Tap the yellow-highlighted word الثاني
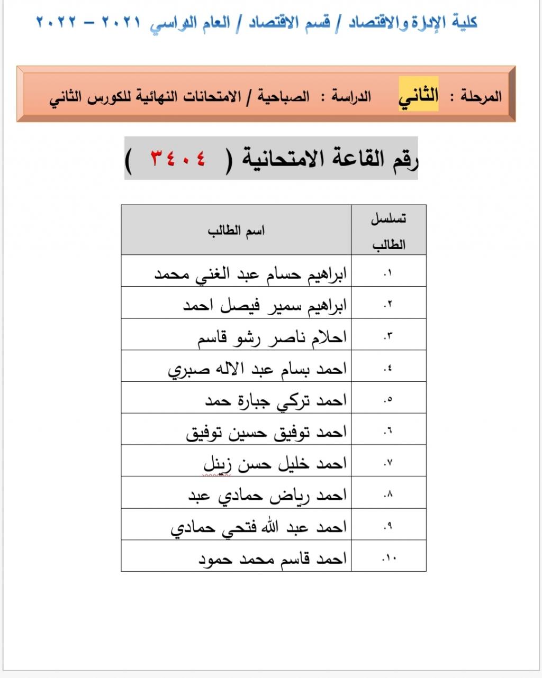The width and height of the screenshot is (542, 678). pyautogui.click(x=419, y=95)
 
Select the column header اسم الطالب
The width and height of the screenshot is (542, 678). pyautogui.click(x=236, y=231)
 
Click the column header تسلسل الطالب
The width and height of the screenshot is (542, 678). pyautogui.click(x=389, y=231)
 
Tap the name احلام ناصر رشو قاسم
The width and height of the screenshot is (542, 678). pyautogui.click(x=272, y=337)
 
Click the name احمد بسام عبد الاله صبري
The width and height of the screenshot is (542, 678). pyautogui.click(x=257, y=369)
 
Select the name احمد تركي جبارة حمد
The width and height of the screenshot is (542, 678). pyautogui.click(x=275, y=400)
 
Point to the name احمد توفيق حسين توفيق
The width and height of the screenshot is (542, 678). pyautogui.click(x=266, y=432)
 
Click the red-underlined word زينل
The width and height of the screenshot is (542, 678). pyautogui.click(x=218, y=464)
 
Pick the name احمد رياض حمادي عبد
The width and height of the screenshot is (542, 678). pyautogui.click(x=267, y=496)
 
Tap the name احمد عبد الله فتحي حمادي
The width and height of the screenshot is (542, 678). pyautogui.click(x=258, y=527)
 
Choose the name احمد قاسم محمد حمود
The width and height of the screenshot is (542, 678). pyautogui.click(x=272, y=558)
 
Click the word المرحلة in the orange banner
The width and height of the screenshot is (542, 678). pyautogui.click(x=481, y=97)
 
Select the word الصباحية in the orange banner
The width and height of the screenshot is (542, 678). pyautogui.click(x=284, y=97)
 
